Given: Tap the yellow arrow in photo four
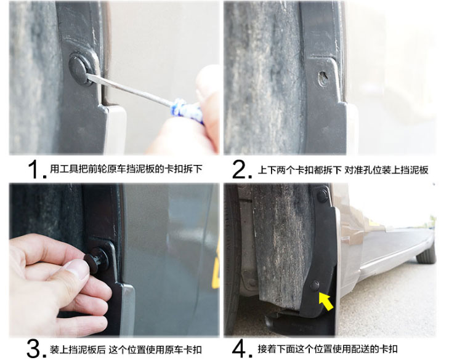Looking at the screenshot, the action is pyautogui.click(x=326, y=302).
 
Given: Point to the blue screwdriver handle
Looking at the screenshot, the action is pyautogui.click(x=187, y=111).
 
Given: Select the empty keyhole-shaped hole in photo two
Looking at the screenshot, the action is pyautogui.click(x=323, y=79).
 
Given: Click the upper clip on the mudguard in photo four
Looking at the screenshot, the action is pyautogui.click(x=323, y=194).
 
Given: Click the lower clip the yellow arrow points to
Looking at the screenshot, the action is pyautogui.click(x=315, y=286).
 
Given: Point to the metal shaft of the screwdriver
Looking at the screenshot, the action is pyautogui.click(x=129, y=89).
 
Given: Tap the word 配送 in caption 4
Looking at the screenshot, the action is pyautogui.click(x=360, y=349).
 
